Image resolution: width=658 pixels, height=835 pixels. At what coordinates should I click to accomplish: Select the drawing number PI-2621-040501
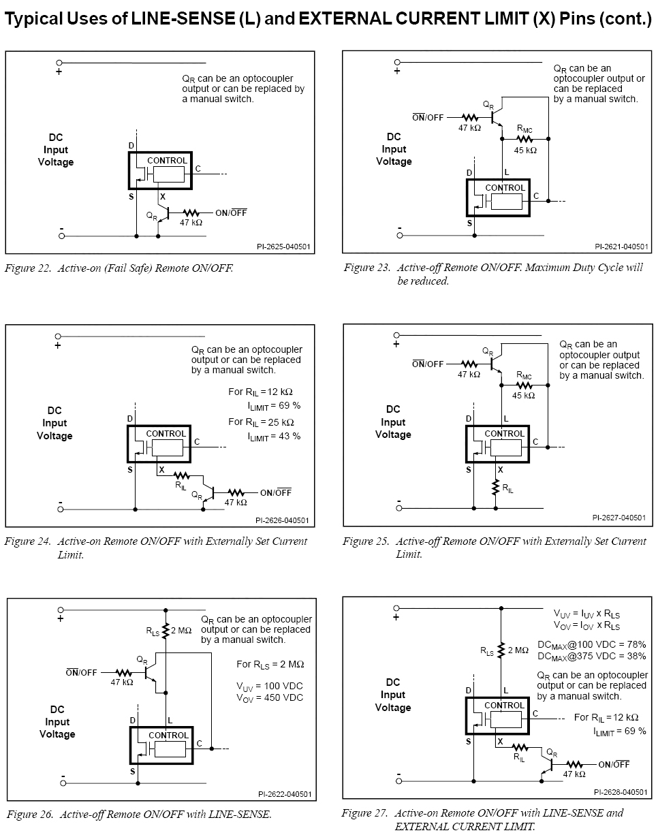point(621,247)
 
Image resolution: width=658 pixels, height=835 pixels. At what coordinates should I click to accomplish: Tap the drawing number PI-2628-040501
point(620,792)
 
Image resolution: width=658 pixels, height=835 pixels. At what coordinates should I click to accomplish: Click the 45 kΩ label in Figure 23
point(524,150)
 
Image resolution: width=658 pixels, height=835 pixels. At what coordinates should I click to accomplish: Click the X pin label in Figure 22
point(162,195)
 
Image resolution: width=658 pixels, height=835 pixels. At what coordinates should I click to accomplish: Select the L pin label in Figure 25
point(505,419)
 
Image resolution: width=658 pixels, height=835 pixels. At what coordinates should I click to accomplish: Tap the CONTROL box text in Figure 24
point(166,434)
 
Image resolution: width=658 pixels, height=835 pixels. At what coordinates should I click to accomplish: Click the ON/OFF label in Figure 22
point(231,212)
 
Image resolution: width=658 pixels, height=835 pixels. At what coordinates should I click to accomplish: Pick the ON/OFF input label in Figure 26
point(82,673)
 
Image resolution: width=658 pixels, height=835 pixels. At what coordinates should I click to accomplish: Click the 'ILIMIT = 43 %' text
point(273,436)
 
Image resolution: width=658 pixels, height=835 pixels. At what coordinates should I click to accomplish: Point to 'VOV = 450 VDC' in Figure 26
point(270,698)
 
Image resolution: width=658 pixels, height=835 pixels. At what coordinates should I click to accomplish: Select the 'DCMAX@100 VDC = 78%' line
point(591,644)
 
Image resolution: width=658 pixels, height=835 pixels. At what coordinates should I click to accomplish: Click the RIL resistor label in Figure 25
point(508,488)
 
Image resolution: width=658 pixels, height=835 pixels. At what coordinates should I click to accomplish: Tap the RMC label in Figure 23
point(524,128)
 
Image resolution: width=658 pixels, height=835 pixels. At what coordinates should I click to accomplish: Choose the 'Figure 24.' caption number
point(28,541)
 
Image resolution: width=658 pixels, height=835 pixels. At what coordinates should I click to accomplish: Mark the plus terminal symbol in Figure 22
point(59,72)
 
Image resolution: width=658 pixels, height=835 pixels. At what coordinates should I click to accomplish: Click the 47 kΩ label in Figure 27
point(574,774)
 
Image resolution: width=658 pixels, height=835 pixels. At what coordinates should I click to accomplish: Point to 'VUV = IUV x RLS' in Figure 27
point(586,614)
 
